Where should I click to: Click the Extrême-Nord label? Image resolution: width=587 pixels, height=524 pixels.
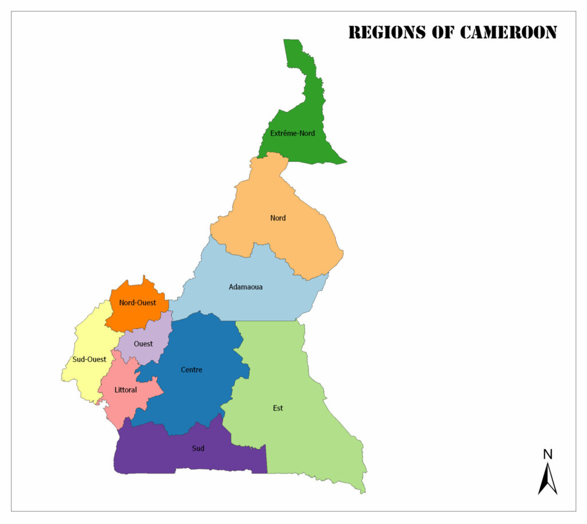tap(292, 134)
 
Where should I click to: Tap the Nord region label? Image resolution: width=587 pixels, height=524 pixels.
tap(278, 218)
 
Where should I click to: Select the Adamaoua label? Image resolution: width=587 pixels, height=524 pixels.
tap(245, 287)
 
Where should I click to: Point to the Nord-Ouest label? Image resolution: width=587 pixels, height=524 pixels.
tap(138, 303)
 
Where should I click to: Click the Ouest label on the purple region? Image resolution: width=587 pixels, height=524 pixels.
tap(143, 344)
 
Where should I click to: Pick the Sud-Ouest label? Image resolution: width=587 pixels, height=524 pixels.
tap(89, 359)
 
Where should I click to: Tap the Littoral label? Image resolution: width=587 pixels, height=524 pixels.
tap(126, 390)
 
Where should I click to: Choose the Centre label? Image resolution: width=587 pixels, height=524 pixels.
tap(191, 370)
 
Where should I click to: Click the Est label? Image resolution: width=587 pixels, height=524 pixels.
tap(278, 408)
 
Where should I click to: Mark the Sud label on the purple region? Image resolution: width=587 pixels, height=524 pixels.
tap(198, 448)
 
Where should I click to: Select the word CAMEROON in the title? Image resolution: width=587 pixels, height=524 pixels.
tap(508, 33)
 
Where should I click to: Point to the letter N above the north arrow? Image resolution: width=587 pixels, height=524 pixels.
tap(547, 455)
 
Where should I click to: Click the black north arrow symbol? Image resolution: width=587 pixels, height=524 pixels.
tap(547, 480)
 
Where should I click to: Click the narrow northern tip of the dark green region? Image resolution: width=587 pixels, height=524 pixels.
tap(292, 44)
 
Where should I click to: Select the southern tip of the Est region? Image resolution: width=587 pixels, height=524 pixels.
tap(362, 491)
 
